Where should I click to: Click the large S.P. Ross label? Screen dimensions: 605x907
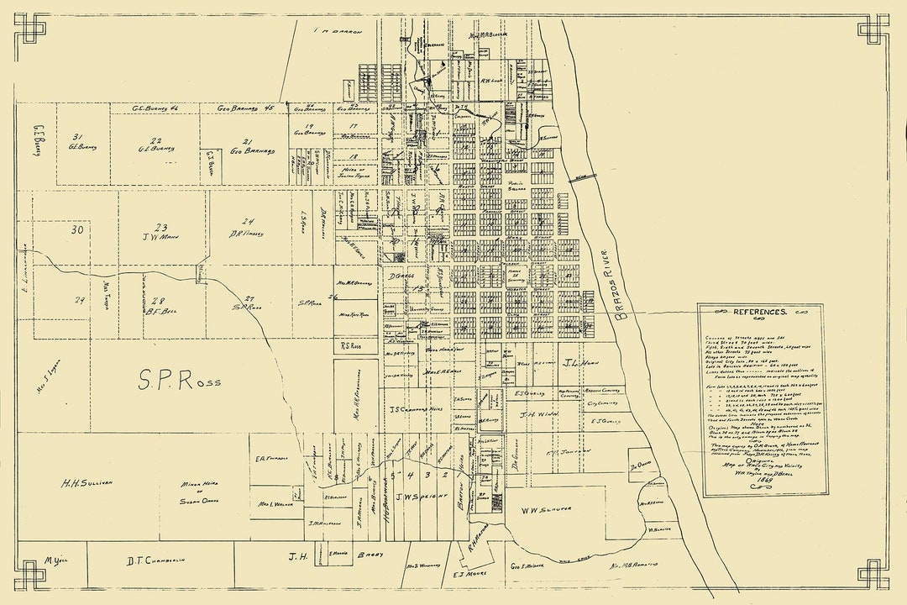[180, 381]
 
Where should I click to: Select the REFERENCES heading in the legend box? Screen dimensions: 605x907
[760, 312]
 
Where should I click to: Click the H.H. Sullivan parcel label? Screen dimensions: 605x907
[87, 483]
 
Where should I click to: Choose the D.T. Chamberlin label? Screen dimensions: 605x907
[155, 560]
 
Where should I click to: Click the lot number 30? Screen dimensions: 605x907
[77, 229]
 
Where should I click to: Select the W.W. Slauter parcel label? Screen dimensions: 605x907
[546, 510]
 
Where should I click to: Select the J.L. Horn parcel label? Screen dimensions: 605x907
[579, 363]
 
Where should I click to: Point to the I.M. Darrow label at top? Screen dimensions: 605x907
[337, 31]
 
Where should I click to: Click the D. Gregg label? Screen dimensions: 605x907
[398, 275]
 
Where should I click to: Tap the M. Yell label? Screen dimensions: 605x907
[55, 560]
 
